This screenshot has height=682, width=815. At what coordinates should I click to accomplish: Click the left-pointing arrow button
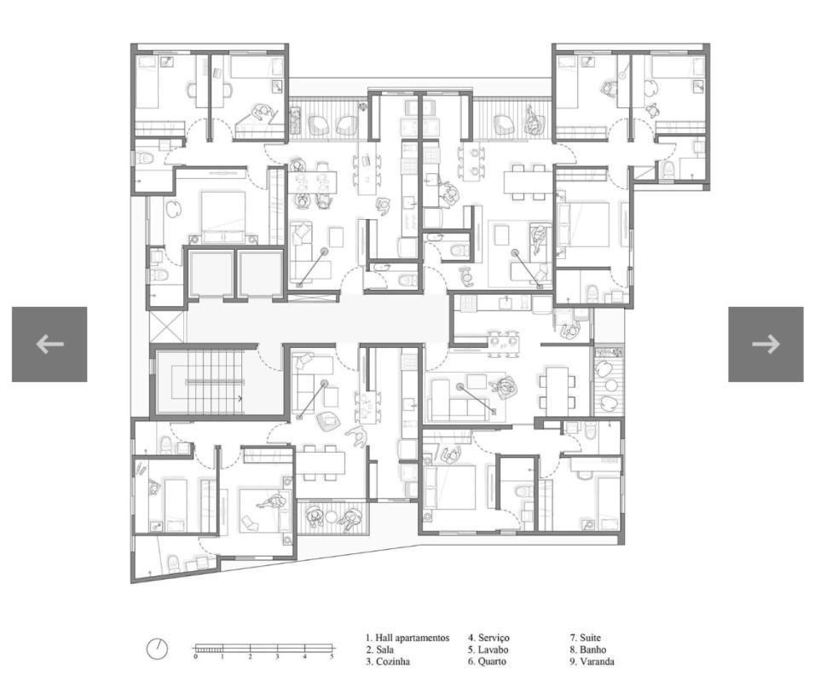pos(49,344)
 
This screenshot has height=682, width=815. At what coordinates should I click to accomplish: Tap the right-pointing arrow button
pos(765,344)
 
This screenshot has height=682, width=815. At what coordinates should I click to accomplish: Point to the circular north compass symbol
pos(157,649)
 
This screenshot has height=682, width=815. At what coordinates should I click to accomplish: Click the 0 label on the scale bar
pos(195,657)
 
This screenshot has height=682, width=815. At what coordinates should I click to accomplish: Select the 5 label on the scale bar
pos(332,657)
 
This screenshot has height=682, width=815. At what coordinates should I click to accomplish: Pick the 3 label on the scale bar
pos(277,657)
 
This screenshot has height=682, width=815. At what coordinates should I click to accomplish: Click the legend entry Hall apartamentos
pos(407,638)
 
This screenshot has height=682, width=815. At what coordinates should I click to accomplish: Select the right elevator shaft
pos(259,274)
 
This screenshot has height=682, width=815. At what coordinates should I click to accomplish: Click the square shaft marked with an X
pos(165,328)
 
